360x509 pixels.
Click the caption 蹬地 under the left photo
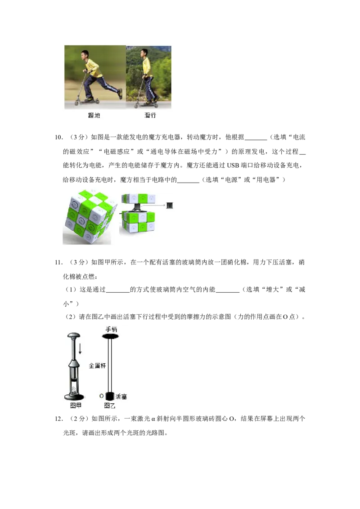[x=94, y=115]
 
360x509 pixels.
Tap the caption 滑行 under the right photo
[x=150, y=115]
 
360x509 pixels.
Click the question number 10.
[x=58, y=137]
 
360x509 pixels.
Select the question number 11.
[x=58, y=262]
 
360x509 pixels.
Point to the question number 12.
[x=58, y=419]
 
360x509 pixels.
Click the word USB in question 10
[x=233, y=165]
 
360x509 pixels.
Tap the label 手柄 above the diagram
[x=111, y=329]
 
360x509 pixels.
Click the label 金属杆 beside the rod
[x=97, y=366]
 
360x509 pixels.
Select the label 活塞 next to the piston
[x=121, y=396]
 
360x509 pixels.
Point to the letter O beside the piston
[x=101, y=396]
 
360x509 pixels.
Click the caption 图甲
[x=76, y=406]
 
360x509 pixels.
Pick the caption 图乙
[x=109, y=406]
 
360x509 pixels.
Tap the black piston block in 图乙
[x=110, y=396]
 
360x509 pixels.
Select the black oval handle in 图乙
[x=110, y=336]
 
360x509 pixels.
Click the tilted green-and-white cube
[x=89, y=217]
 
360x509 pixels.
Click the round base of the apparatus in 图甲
[x=74, y=397]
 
